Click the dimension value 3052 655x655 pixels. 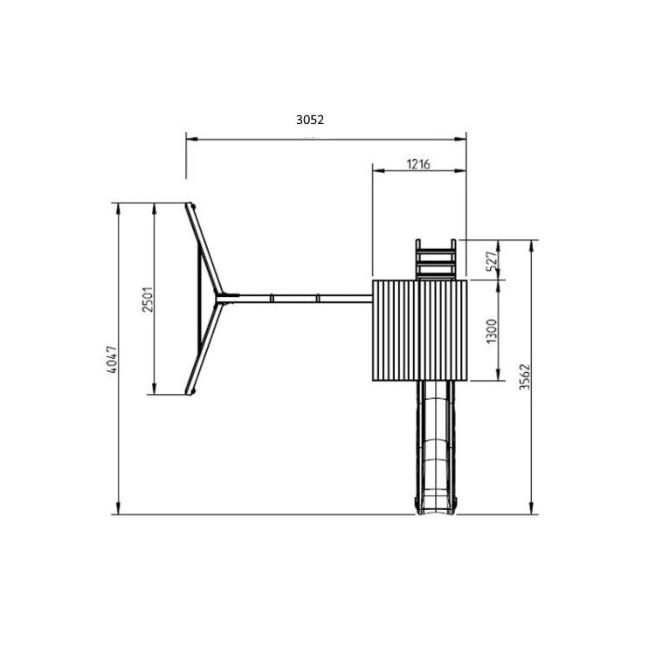[x=310, y=120]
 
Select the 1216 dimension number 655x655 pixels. [x=418, y=164]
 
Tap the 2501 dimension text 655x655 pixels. [x=148, y=299]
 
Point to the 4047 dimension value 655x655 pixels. [x=112, y=360]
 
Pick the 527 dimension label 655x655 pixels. [x=493, y=261]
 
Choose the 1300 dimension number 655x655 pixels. [x=492, y=331]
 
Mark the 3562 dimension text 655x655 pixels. [x=525, y=376]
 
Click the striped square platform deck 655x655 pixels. [x=419, y=330]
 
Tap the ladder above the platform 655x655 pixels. [x=435, y=259]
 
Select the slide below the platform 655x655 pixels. [x=435, y=448]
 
